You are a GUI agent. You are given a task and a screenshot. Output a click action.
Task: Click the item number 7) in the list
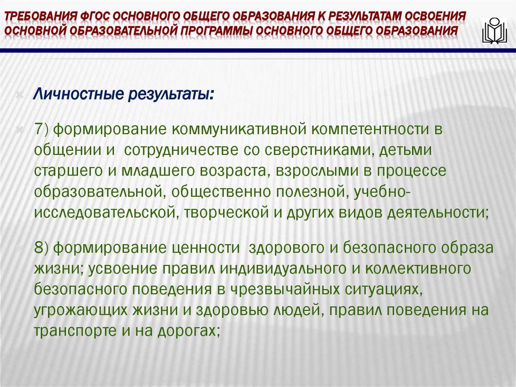(x=41, y=129)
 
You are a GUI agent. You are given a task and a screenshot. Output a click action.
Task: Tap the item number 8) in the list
(x=41, y=248)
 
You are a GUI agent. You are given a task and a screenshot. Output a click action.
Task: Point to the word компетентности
(x=370, y=129)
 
